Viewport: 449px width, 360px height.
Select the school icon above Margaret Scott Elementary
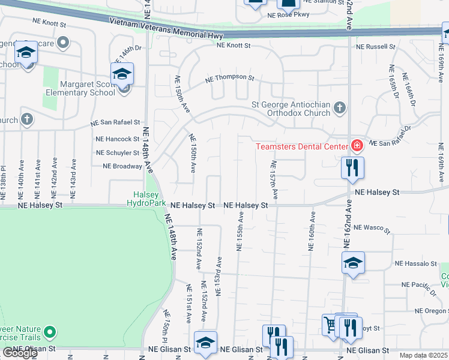[122, 74]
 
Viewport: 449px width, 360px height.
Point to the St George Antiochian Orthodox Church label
[291, 108]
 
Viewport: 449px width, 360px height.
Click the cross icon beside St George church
[340, 108]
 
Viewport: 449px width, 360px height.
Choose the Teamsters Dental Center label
[301, 146]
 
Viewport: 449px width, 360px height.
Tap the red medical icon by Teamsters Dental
[357, 146]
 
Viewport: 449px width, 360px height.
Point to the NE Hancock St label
[118, 139]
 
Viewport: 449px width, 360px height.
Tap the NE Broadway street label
[122, 166]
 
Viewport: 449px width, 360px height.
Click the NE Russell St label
[376, 46]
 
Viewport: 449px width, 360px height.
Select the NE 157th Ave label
[274, 180]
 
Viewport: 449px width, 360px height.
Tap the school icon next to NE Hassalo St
[353, 262]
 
